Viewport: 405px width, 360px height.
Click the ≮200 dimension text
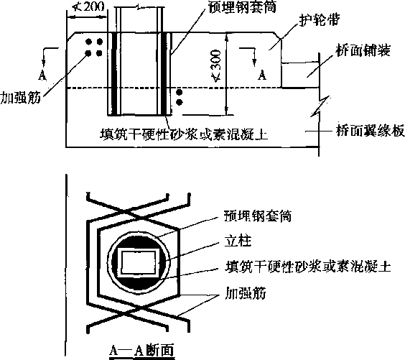[88, 7]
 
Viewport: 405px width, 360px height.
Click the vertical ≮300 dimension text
[216, 66]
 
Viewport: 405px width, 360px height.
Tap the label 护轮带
[320, 20]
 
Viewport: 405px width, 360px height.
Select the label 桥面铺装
[363, 50]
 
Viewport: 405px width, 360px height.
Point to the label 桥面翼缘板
[370, 131]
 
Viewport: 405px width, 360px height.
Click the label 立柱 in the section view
[238, 241]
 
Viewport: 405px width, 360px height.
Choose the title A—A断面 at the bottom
[141, 351]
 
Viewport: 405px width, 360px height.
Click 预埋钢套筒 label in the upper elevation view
[242, 7]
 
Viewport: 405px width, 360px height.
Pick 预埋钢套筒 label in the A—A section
[258, 216]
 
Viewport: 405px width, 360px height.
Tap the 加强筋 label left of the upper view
[21, 98]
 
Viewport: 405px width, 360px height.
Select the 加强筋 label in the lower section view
[246, 293]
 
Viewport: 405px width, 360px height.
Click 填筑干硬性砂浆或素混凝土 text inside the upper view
[184, 134]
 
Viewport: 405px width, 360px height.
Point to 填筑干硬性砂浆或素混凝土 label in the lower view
[307, 267]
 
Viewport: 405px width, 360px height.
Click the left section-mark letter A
[42, 75]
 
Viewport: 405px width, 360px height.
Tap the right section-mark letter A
[262, 75]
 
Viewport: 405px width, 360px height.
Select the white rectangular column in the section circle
[138, 263]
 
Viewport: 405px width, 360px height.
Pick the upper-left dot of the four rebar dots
[88, 42]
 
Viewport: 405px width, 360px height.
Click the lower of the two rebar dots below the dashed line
[179, 102]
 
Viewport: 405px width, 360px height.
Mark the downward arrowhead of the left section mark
[43, 63]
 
